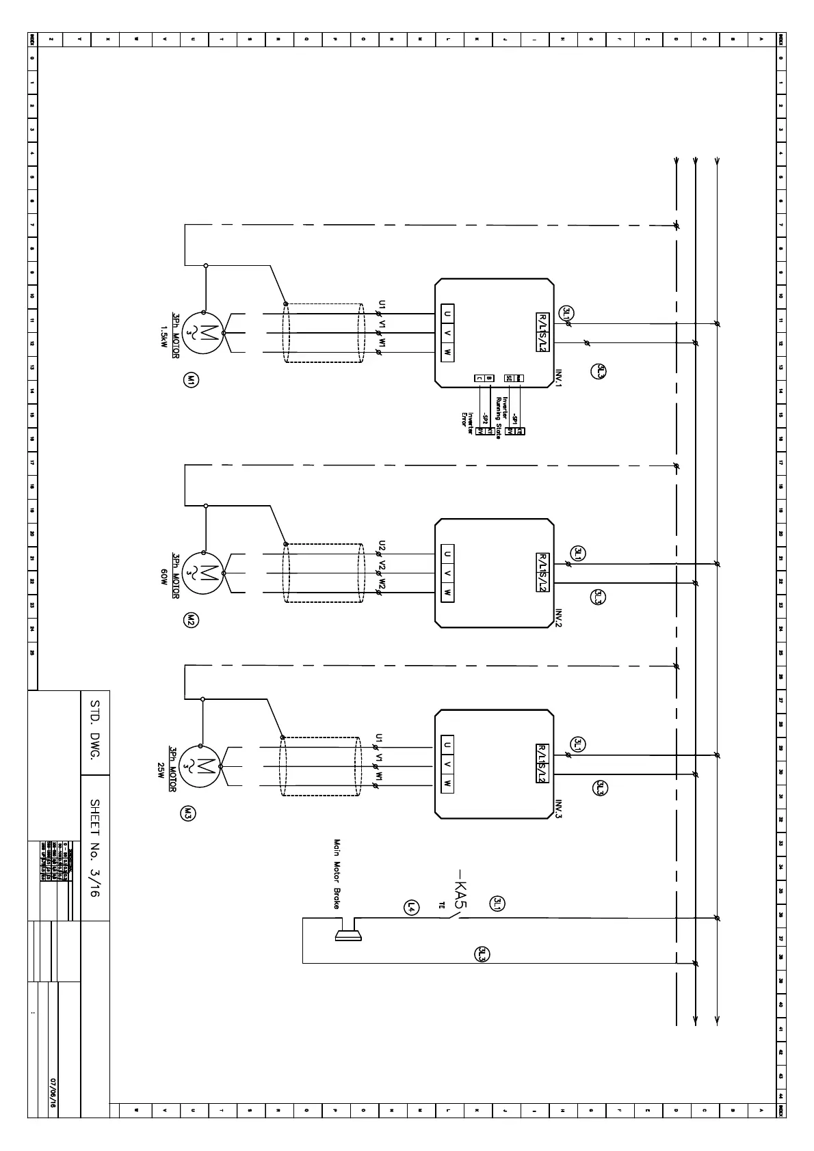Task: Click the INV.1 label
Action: pyautogui.click(x=557, y=379)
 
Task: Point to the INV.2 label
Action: pyautogui.click(x=557, y=619)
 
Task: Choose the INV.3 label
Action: pyautogui.click(x=557, y=809)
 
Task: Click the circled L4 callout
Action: pyautogui.click(x=411, y=907)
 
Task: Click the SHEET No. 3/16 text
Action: pyautogui.click(x=95, y=848)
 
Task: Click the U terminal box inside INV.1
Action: pyautogui.click(x=447, y=314)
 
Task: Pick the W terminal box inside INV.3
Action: pyautogui.click(x=447, y=783)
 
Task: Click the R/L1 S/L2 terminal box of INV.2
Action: pyautogui.click(x=542, y=573)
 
